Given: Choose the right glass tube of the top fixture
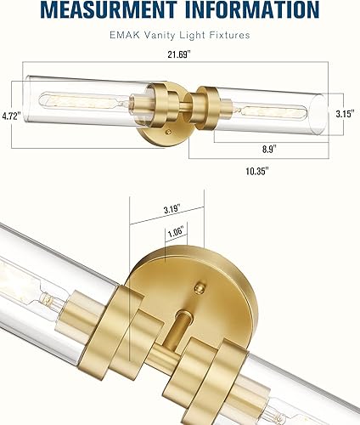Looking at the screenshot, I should (272, 110).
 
